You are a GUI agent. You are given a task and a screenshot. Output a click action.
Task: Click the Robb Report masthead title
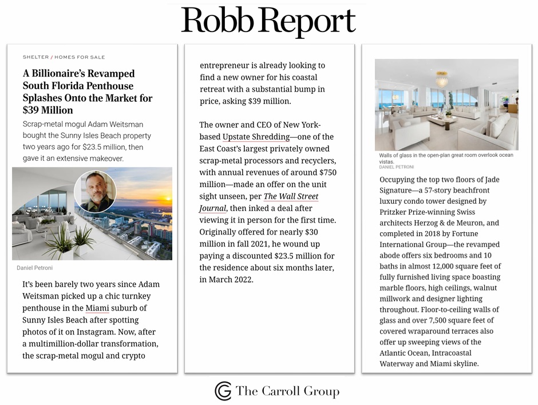coord(268,22)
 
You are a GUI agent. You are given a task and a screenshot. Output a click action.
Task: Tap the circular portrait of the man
coord(95,192)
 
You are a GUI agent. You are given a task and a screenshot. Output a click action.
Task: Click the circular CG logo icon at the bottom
coord(223,391)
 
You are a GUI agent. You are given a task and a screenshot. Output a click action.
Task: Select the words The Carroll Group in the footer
coord(287,392)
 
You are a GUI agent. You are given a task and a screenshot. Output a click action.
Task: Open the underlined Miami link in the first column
coord(97,309)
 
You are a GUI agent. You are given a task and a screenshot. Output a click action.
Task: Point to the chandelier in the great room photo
coord(442,78)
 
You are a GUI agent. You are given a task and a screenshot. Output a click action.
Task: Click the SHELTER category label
coord(35,57)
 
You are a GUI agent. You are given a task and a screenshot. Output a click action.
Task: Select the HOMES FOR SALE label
coord(80,57)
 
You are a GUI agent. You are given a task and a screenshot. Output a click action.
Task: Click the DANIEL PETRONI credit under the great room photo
coord(395,167)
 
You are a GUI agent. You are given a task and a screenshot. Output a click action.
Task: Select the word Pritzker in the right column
coord(397,212)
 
